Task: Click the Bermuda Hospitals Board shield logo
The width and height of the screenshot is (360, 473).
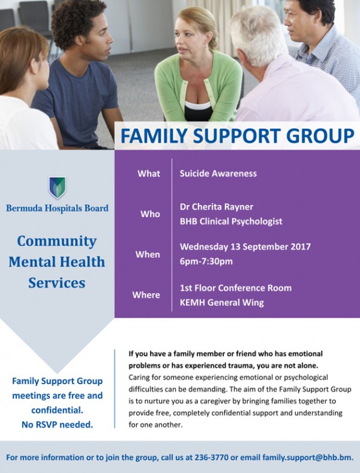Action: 57,187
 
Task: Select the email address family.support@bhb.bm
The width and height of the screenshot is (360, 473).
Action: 308,458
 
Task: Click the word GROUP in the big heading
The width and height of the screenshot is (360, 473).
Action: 320,136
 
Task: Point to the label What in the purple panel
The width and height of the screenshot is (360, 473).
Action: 149,173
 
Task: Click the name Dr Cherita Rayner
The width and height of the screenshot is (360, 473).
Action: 216,207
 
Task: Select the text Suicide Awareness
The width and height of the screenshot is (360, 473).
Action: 218,173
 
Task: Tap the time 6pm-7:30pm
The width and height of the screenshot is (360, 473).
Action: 206,261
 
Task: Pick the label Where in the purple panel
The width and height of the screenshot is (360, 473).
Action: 146,295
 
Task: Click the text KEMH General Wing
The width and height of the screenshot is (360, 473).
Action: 222,302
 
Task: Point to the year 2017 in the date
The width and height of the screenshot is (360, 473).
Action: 301,247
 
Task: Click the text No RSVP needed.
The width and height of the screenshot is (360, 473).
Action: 57,424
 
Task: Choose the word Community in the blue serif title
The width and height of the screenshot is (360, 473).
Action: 57,242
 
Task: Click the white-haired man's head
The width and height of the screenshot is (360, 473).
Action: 258,36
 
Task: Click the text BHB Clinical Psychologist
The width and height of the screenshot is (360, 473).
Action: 231,221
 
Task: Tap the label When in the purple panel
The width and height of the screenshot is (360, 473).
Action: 148,254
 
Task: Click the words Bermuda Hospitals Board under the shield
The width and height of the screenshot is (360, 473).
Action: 57,208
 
